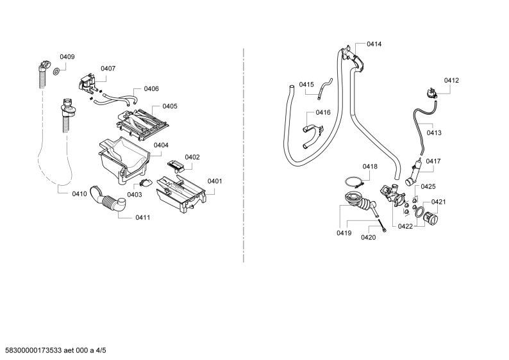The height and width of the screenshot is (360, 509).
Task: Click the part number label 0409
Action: pos(67,57)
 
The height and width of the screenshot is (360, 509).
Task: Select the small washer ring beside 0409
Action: pos(56,71)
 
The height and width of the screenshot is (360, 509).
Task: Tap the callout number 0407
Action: pos(108,69)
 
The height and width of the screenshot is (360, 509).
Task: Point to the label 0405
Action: pos(170,106)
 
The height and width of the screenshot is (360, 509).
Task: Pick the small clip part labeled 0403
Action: pos(146,183)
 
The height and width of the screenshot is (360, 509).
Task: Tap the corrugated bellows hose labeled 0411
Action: pos(109,200)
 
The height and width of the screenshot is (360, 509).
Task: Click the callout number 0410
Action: pos(79,194)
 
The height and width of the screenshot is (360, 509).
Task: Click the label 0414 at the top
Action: pos(374,44)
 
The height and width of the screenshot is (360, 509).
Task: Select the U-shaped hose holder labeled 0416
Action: pos(313,136)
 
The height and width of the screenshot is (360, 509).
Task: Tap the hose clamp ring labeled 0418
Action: pos(354,183)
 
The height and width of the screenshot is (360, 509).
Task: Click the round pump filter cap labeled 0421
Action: pos(431,218)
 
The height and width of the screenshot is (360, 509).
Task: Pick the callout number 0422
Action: pos(405,226)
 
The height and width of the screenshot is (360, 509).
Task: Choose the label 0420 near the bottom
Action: pos(369,238)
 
